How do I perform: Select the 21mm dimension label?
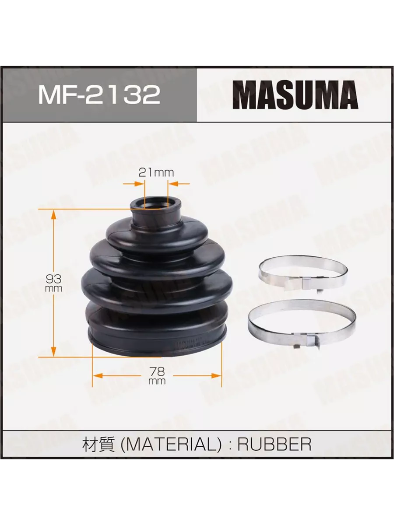(156, 172)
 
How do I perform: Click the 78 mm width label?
(157, 376)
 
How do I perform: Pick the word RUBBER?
(274, 444)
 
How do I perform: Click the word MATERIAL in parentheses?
(171, 444)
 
